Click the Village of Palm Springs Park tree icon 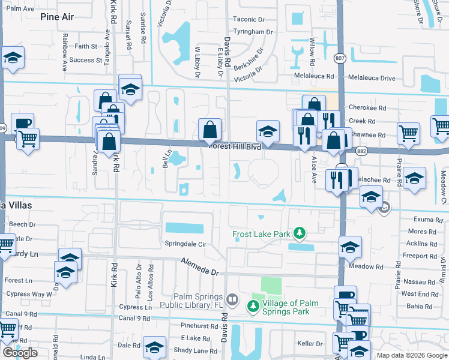253,307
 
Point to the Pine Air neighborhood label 57,17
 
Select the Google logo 20,353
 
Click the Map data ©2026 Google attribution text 412,355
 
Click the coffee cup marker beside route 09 22,123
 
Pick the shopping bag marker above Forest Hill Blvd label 209,129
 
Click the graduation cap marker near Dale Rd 154,347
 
